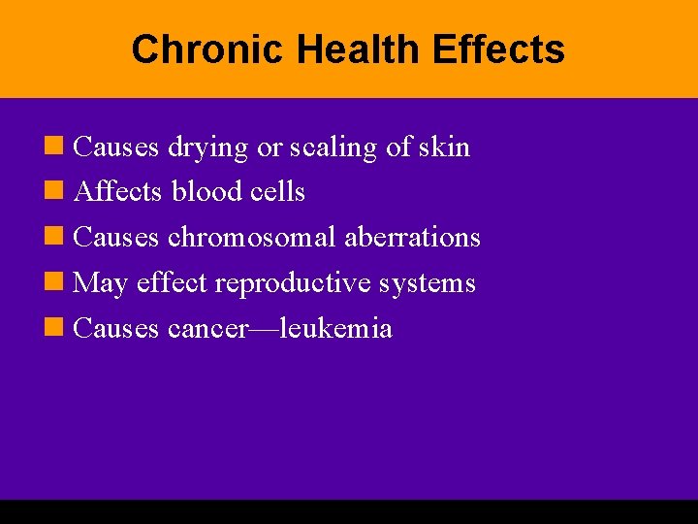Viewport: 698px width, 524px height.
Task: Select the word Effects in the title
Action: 498,49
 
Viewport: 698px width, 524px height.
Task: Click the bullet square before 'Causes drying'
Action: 56,147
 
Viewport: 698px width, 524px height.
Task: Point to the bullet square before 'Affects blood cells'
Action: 56,192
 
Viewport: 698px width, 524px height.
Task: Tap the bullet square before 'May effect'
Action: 56,283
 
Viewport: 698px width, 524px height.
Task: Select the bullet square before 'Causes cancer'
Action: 56,329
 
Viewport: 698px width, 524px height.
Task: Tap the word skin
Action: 445,147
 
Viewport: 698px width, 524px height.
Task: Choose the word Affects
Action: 117,192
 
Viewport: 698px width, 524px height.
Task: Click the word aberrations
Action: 413,238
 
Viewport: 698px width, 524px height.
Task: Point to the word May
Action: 101,284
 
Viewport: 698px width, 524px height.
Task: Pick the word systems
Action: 429,284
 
